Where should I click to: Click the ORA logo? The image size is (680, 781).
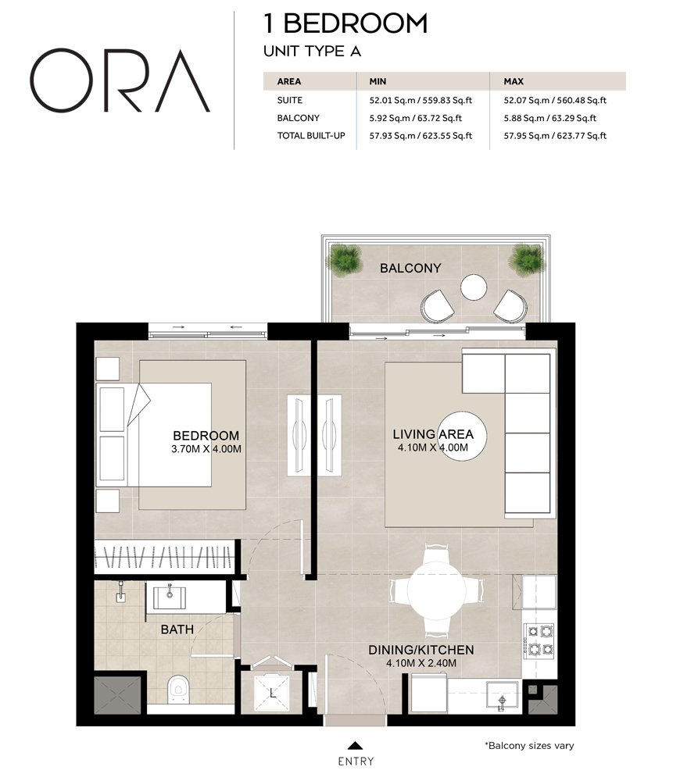point(120,81)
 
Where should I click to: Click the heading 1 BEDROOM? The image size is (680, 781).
point(346,23)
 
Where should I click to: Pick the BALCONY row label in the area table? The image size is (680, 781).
point(298,119)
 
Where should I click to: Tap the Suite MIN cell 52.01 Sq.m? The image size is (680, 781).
point(414,101)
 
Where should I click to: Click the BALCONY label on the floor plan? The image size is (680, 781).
point(410,269)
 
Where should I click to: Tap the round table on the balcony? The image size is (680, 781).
point(474,287)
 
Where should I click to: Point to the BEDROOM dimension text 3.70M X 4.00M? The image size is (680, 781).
point(206,449)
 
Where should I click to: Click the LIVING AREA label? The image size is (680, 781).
point(432,434)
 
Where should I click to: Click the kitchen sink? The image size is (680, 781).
point(501,694)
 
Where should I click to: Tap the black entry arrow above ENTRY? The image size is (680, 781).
point(356,745)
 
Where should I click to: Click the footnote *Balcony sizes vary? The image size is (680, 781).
point(529,746)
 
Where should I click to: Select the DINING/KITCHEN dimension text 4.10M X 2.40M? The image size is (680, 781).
point(421,663)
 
